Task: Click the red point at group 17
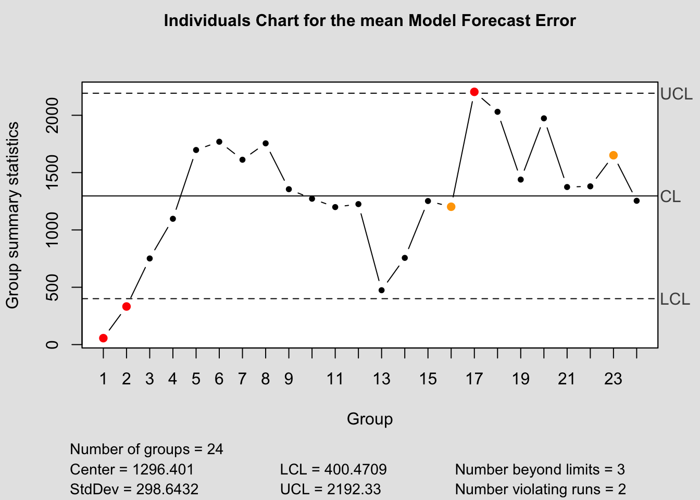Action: [x=474, y=92]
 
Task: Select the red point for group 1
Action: [x=103, y=338]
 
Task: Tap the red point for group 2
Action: [x=126, y=306]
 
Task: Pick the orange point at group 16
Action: [x=451, y=207]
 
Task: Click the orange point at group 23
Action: [x=613, y=155]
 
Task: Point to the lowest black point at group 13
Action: [x=381, y=290]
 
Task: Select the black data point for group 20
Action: [x=544, y=118]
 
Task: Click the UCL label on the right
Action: [x=676, y=94]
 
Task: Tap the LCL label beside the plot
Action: [x=674, y=299]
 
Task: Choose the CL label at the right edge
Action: [x=670, y=197]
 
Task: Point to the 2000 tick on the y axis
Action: [x=52, y=115]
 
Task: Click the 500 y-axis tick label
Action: [x=52, y=287]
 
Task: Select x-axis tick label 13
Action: [x=381, y=379]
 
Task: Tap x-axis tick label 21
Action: [x=567, y=379]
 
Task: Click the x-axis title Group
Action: [x=370, y=419]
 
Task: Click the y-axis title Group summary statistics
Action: [x=12, y=215]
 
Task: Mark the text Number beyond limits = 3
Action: [x=540, y=470]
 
